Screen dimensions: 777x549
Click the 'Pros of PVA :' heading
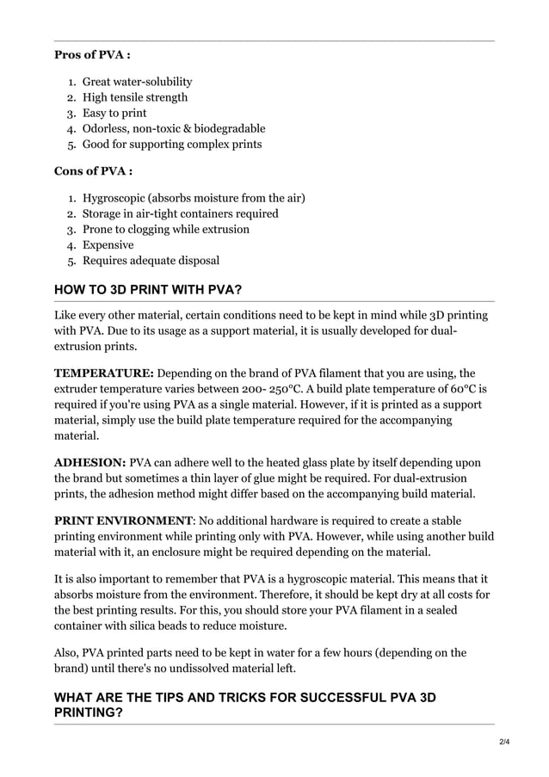point(92,56)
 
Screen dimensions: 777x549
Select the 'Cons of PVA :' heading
point(93,171)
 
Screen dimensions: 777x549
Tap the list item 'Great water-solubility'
point(137,82)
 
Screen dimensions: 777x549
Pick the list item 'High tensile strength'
point(134,97)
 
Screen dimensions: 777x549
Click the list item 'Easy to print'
point(114,113)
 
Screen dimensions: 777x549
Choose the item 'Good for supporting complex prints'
point(171,144)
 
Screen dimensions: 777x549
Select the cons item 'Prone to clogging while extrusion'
point(165,229)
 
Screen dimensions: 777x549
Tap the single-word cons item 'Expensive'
point(108,244)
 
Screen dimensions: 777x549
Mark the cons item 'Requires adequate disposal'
point(151,260)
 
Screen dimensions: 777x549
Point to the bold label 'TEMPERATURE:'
point(104,373)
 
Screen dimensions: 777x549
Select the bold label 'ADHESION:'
point(89,463)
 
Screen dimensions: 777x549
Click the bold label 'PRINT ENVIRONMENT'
point(123,521)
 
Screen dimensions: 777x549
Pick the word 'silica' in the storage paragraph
point(168,626)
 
